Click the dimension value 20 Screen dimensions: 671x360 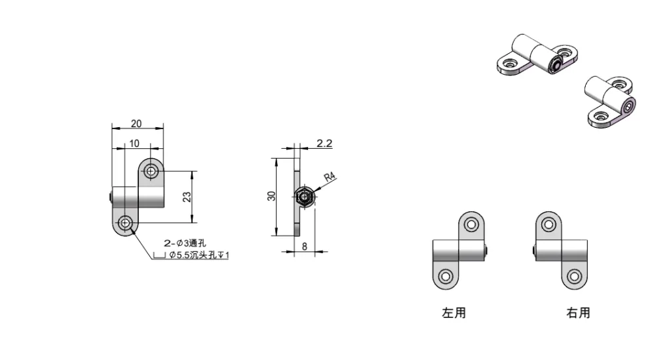136,124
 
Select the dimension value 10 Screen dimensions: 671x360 134,144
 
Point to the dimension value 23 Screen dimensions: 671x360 187,197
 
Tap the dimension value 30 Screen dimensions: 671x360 271,196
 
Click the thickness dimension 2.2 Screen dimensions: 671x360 324,143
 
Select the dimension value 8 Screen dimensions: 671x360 305,247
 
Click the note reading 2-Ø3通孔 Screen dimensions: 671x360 185,243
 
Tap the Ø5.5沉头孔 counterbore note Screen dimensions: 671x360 199,255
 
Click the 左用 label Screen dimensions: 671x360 453,313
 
